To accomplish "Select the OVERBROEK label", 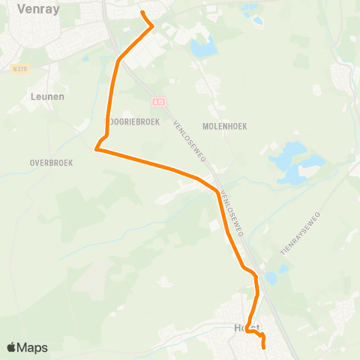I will point(51,162).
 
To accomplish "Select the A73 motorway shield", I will point(157,100).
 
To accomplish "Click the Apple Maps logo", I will point(27,347).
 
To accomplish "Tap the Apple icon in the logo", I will point(12,346).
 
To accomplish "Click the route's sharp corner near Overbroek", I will point(96,150).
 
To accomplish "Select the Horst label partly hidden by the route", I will point(247,328).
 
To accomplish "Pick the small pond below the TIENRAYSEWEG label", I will point(271,278).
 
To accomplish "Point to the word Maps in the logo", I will point(33,347).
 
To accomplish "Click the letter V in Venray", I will point(5,8).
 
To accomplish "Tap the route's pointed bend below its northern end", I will point(153,26).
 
